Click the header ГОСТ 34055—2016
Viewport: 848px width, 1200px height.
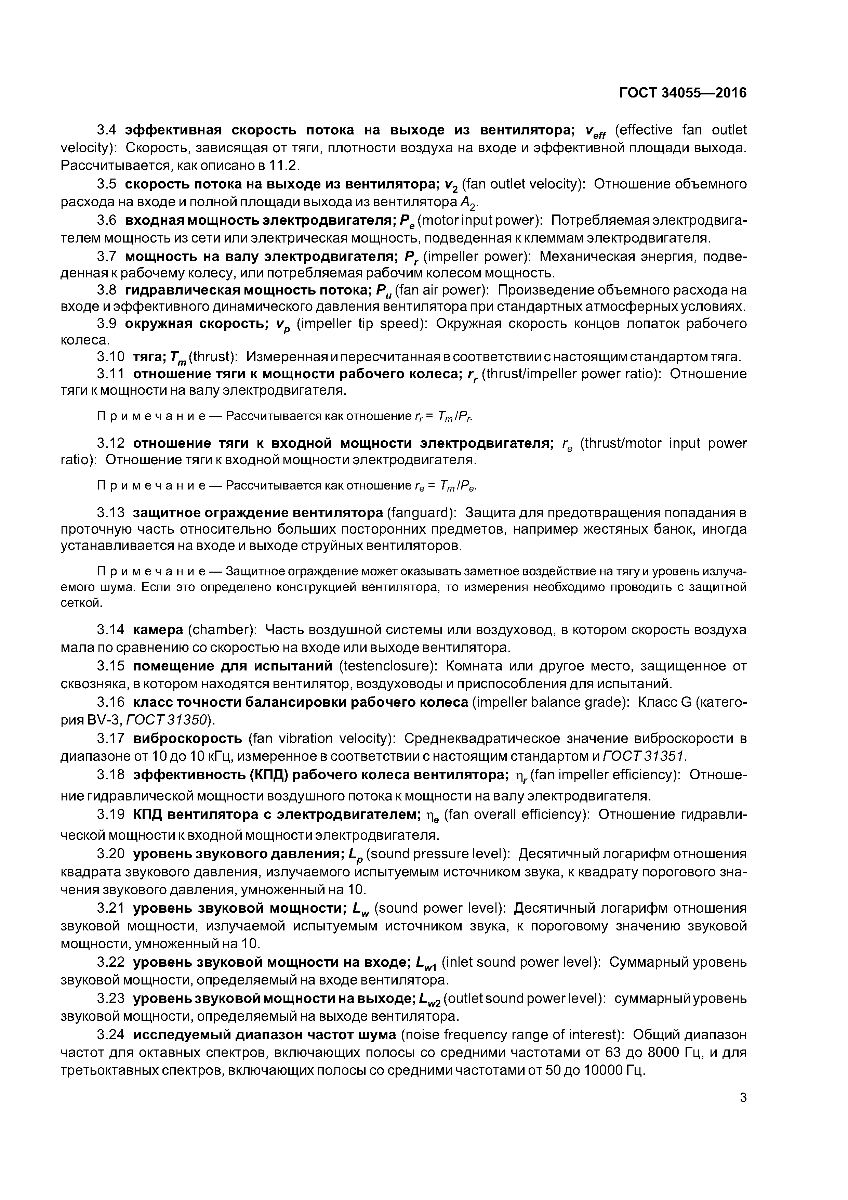pos(683,93)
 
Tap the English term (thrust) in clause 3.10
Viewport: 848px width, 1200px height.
pos(213,357)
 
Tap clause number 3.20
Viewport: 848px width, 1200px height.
pos(111,854)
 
